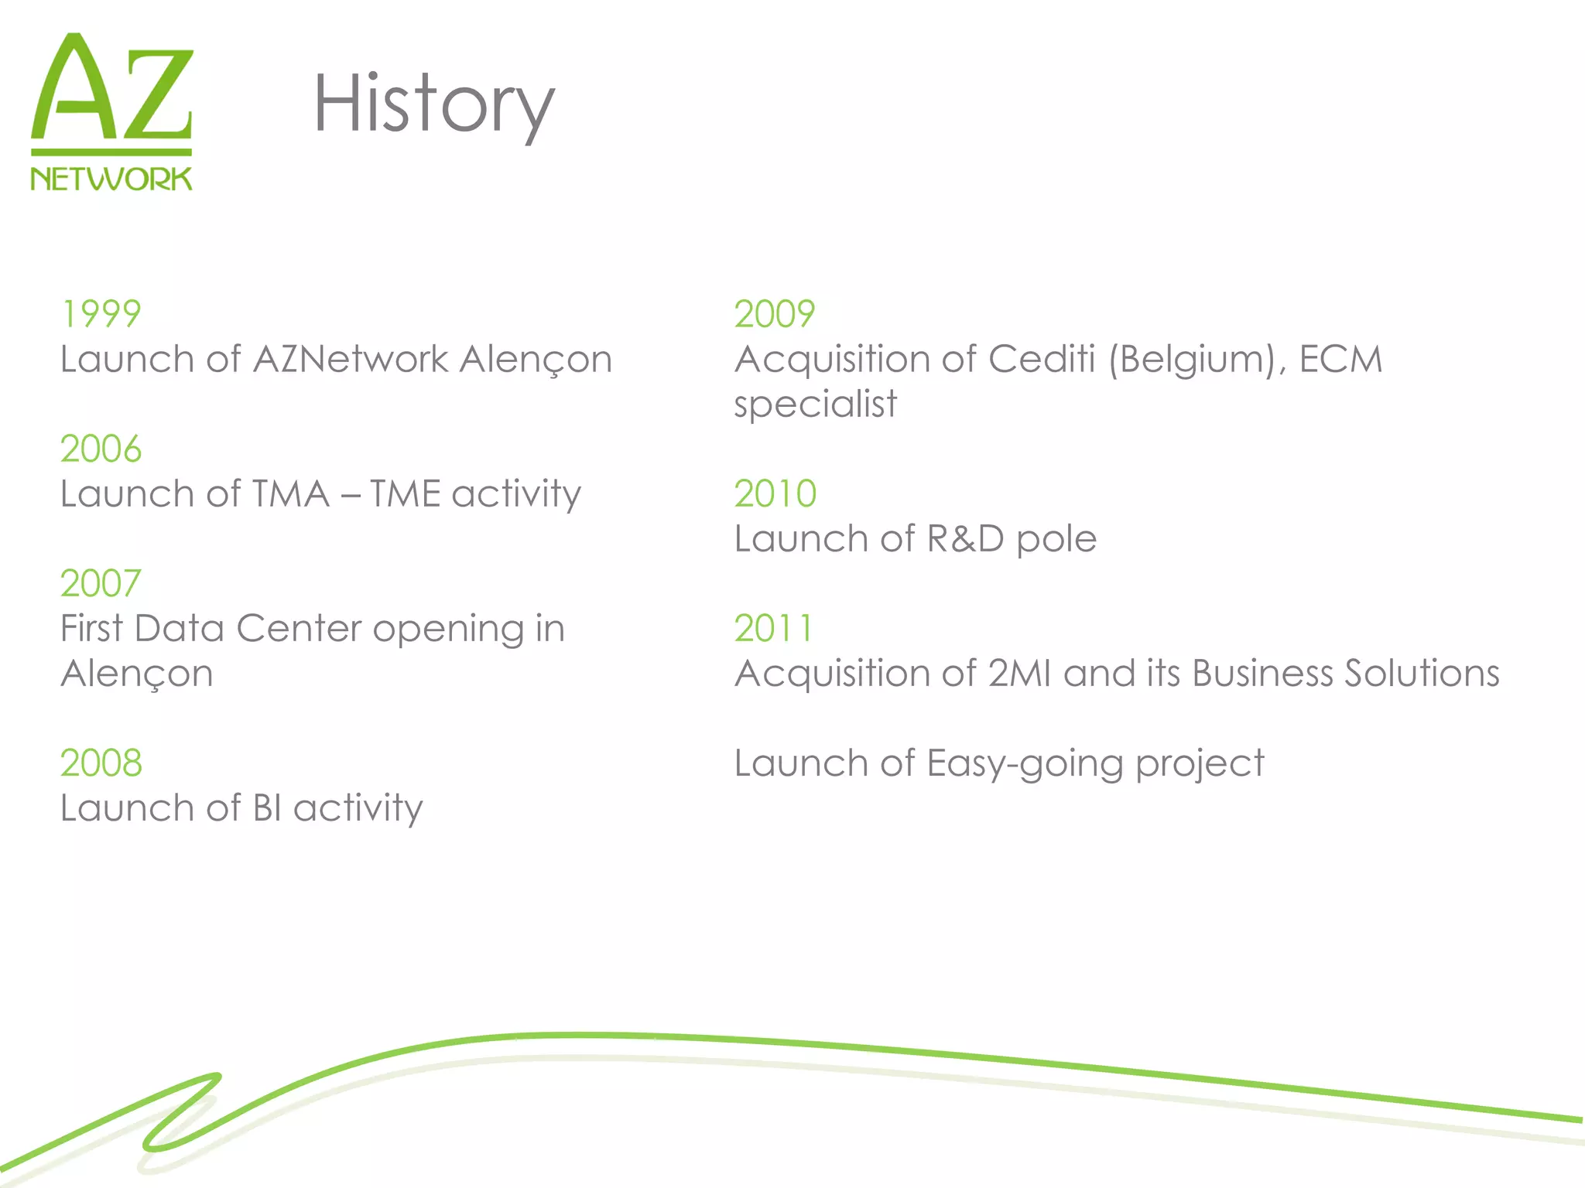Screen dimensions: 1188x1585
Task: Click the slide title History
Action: click(x=433, y=104)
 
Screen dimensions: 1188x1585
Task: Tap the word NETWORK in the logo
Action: click(x=111, y=179)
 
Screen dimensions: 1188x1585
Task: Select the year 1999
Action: click(x=101, y=314)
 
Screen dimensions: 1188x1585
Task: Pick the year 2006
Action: click(x=101, y=449)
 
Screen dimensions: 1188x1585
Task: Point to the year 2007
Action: click(x=101, y=584)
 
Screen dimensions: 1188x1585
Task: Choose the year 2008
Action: click(x=101, y=763)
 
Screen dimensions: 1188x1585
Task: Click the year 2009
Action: click(x=775, y=314)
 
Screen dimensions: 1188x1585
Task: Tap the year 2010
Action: click(x=775, y=494)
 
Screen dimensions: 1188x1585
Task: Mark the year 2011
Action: click(x=773, y=629)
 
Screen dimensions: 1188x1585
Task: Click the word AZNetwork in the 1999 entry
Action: click(x=351, y=360)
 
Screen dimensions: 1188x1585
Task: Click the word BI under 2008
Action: click(x=267, y=808)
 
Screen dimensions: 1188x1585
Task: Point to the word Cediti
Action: click(x=1042, y=360)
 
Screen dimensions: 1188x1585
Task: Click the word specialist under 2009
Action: click(x=816, y=405)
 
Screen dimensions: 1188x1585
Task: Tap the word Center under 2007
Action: click(x=299, y=629)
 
